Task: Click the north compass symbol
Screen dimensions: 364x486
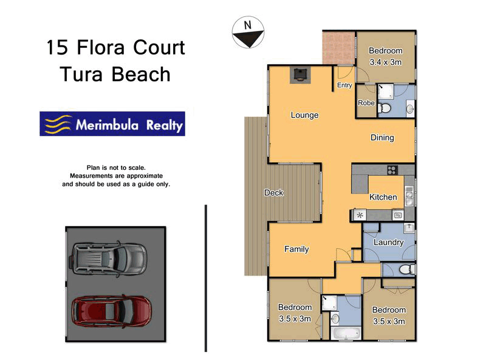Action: tap(247, 32)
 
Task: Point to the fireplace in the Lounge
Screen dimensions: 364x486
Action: tap(299, 75)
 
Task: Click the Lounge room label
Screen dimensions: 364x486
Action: tap(304, 115)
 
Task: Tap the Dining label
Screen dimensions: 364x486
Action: tap(382, 138)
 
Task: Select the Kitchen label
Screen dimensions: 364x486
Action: tap(383, 197)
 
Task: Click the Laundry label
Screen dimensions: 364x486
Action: tap(388, 243)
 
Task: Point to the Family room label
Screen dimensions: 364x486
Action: tap(296, 249)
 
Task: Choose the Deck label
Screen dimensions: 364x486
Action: tap(273, 193)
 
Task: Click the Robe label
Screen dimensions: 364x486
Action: tap(366, 103)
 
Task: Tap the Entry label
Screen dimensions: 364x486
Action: tap(344, 86)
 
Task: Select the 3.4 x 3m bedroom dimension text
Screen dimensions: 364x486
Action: tap(386, 62)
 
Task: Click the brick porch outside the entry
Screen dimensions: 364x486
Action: tap(338, 48)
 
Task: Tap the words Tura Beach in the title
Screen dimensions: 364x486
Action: tap(115, 75)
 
